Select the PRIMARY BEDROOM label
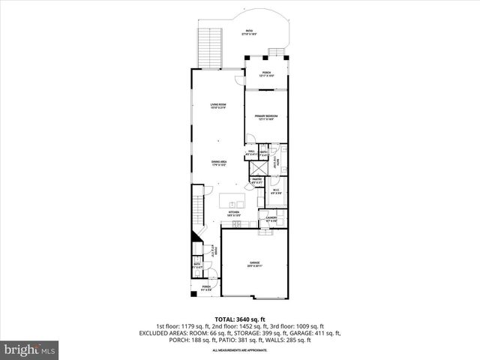click(265, 117)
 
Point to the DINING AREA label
click(219, 163)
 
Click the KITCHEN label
click(233, 214)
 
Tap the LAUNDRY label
click(271, 219)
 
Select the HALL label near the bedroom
click(251, 151)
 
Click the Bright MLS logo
click(29, 349)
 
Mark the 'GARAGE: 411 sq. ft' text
click(319, 333)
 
